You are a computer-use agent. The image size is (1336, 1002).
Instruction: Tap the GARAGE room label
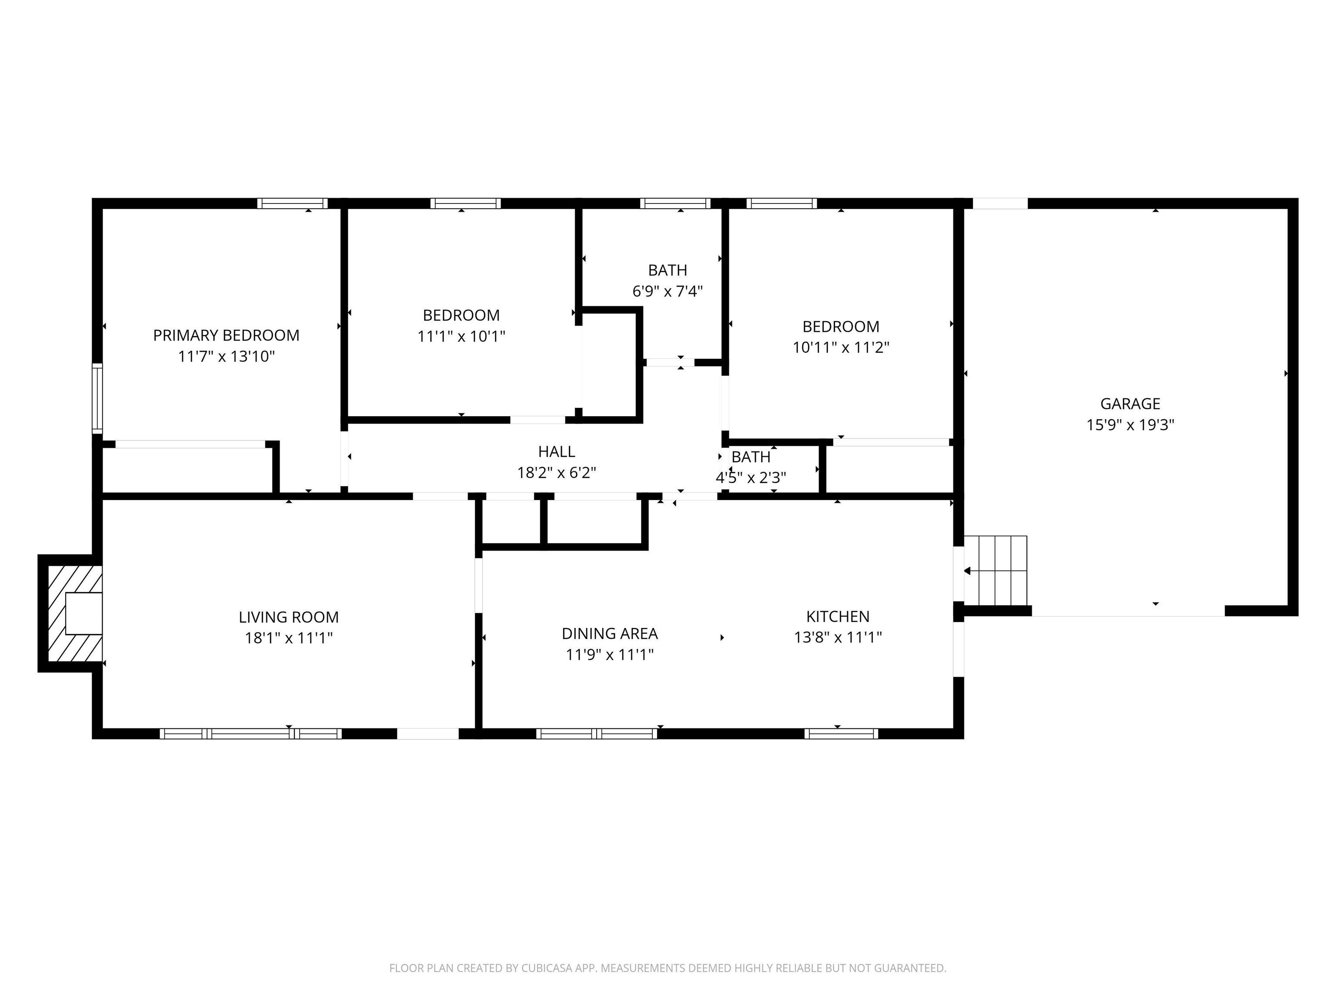click(x=1130, y=404)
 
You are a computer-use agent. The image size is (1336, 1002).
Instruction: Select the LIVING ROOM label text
click(x=289, y=617)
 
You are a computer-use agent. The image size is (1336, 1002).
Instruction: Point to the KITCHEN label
click(x=838, y=617)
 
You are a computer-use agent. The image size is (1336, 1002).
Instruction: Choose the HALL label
click(x=556, y=452)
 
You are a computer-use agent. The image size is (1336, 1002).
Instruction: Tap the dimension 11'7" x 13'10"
click(x=227, y=356)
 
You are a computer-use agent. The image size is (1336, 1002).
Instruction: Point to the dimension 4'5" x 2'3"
click(x=751, y=478)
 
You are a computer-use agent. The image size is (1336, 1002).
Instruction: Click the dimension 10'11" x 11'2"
click(x=841, y=347)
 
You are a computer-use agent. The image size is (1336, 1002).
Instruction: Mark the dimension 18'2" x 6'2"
click(x=556, y=473)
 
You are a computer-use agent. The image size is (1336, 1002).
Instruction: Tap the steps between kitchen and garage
click(x=995, y=570)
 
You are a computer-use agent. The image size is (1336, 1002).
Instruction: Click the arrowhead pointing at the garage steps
click(x=967, y=571)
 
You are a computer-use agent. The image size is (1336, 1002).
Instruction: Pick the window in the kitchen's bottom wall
click(x=842, y=733)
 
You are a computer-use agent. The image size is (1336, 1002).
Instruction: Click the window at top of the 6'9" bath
click(x=675, y=204)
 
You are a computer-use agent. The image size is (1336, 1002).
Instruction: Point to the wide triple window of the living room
click(x=250, y=733)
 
